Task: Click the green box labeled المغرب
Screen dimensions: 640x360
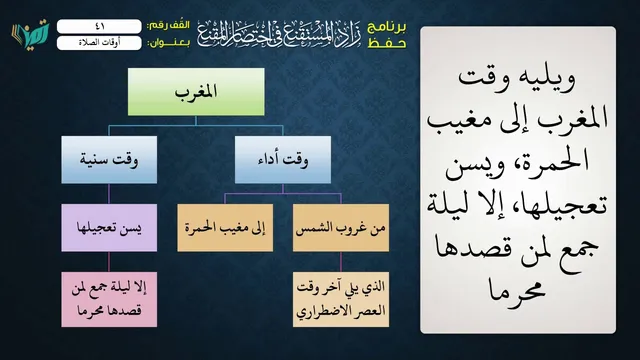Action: tap(196, 92)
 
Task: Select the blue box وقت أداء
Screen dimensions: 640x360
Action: tap(283, 160)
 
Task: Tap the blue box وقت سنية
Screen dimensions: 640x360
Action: tap(109, 160)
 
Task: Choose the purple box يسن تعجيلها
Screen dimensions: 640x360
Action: tap(109, 228)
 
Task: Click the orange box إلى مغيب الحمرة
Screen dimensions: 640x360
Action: tap(225, 228)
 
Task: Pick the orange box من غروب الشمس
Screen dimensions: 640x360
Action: tap(341, 228)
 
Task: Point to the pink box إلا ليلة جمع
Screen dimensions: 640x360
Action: tap(109, 299)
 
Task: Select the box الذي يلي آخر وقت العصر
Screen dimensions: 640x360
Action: tap(341, 299)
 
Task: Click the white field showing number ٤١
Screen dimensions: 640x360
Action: tap(99, 27)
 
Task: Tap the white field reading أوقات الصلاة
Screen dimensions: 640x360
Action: tap(99, 43)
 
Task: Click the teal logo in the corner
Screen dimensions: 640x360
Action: tap(30, 34)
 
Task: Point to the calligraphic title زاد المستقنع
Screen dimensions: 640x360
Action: tap(279, 34)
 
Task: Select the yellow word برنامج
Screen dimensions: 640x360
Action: tap(387, 27)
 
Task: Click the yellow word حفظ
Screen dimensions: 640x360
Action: tap(387, 43)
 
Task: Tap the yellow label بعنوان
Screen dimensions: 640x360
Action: tap(169, 43)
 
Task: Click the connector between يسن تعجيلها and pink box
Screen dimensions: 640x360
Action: tap(109, 262)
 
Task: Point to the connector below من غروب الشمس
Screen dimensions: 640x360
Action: tap(341, 262)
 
